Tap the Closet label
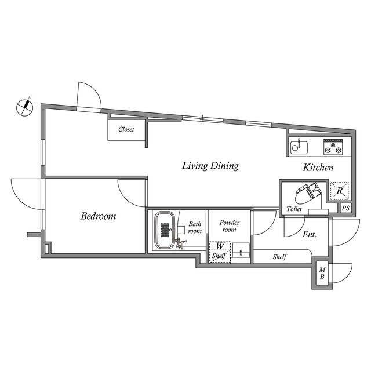[126, 130]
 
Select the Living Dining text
[210, 166]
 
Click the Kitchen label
[318, 168]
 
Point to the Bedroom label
[98, 216]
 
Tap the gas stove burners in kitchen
[335, 148]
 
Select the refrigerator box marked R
[339, 191]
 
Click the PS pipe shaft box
[345, 208]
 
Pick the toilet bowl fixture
[307, 192]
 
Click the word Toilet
[294, 209]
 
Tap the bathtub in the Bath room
[165, 230]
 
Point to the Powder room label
[230, 225]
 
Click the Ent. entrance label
[308, 234]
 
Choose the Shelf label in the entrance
[281, 256]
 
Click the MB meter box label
[322, 273]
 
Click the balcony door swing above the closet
[89, 96]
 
